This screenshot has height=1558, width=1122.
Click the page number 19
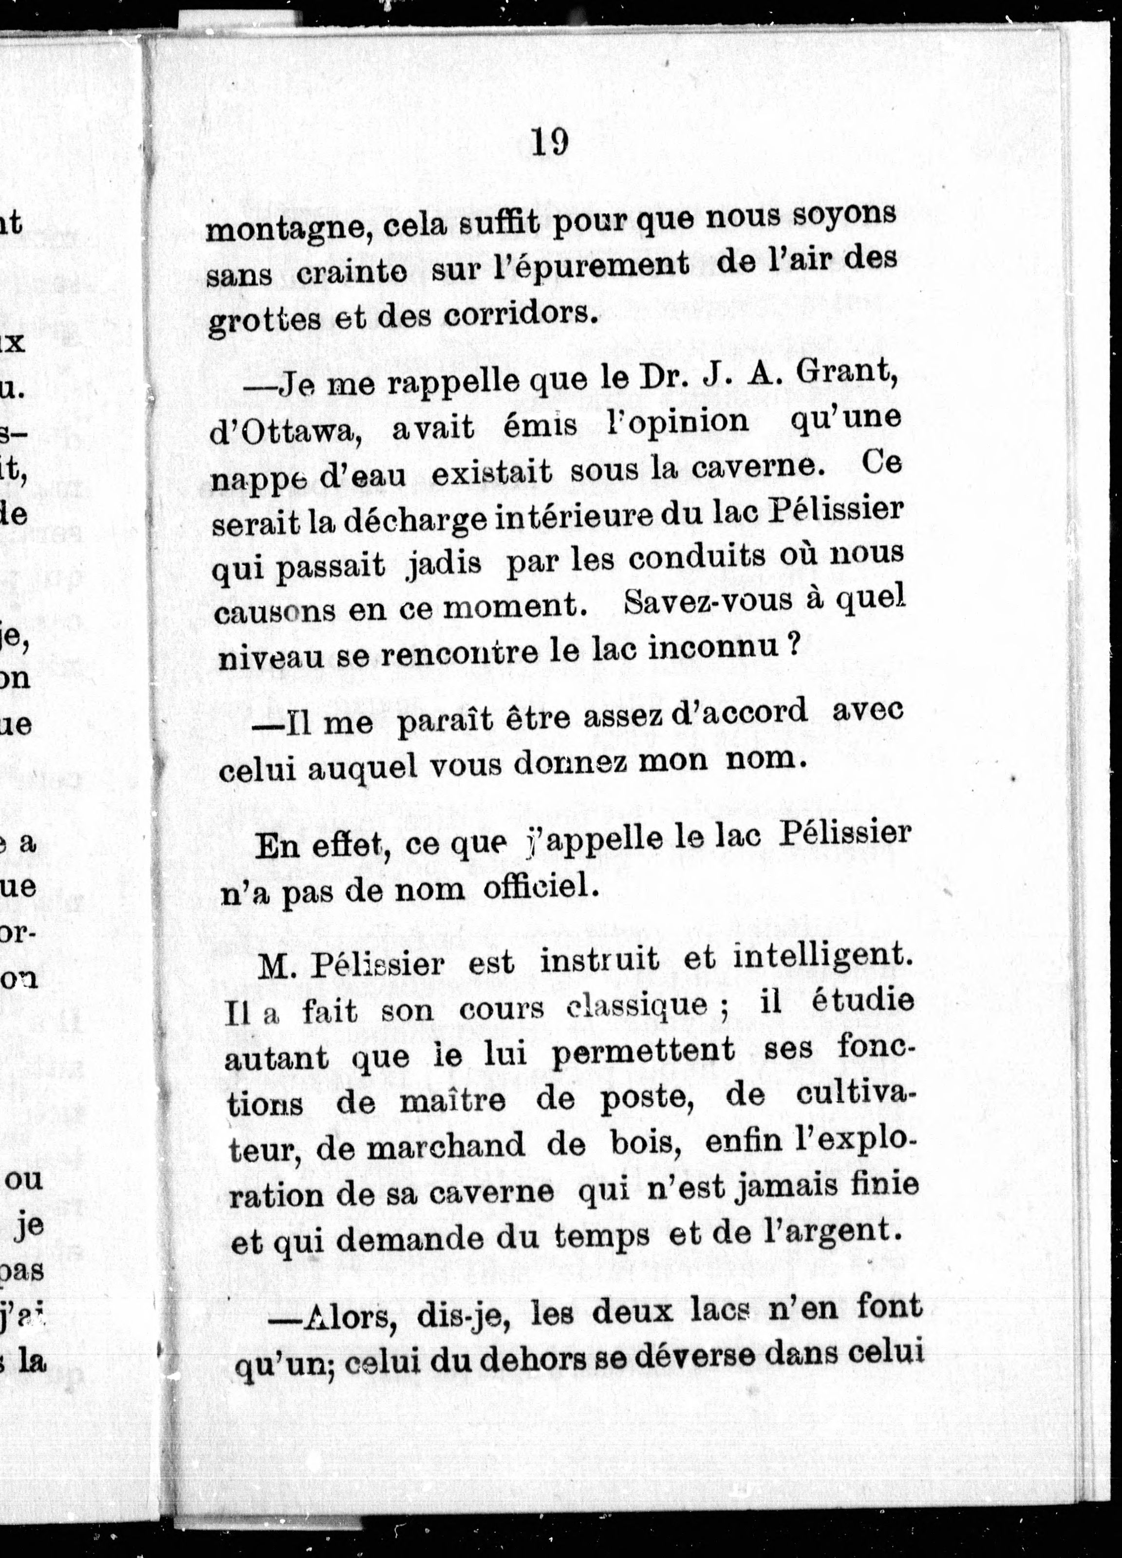(x=550, y=142)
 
